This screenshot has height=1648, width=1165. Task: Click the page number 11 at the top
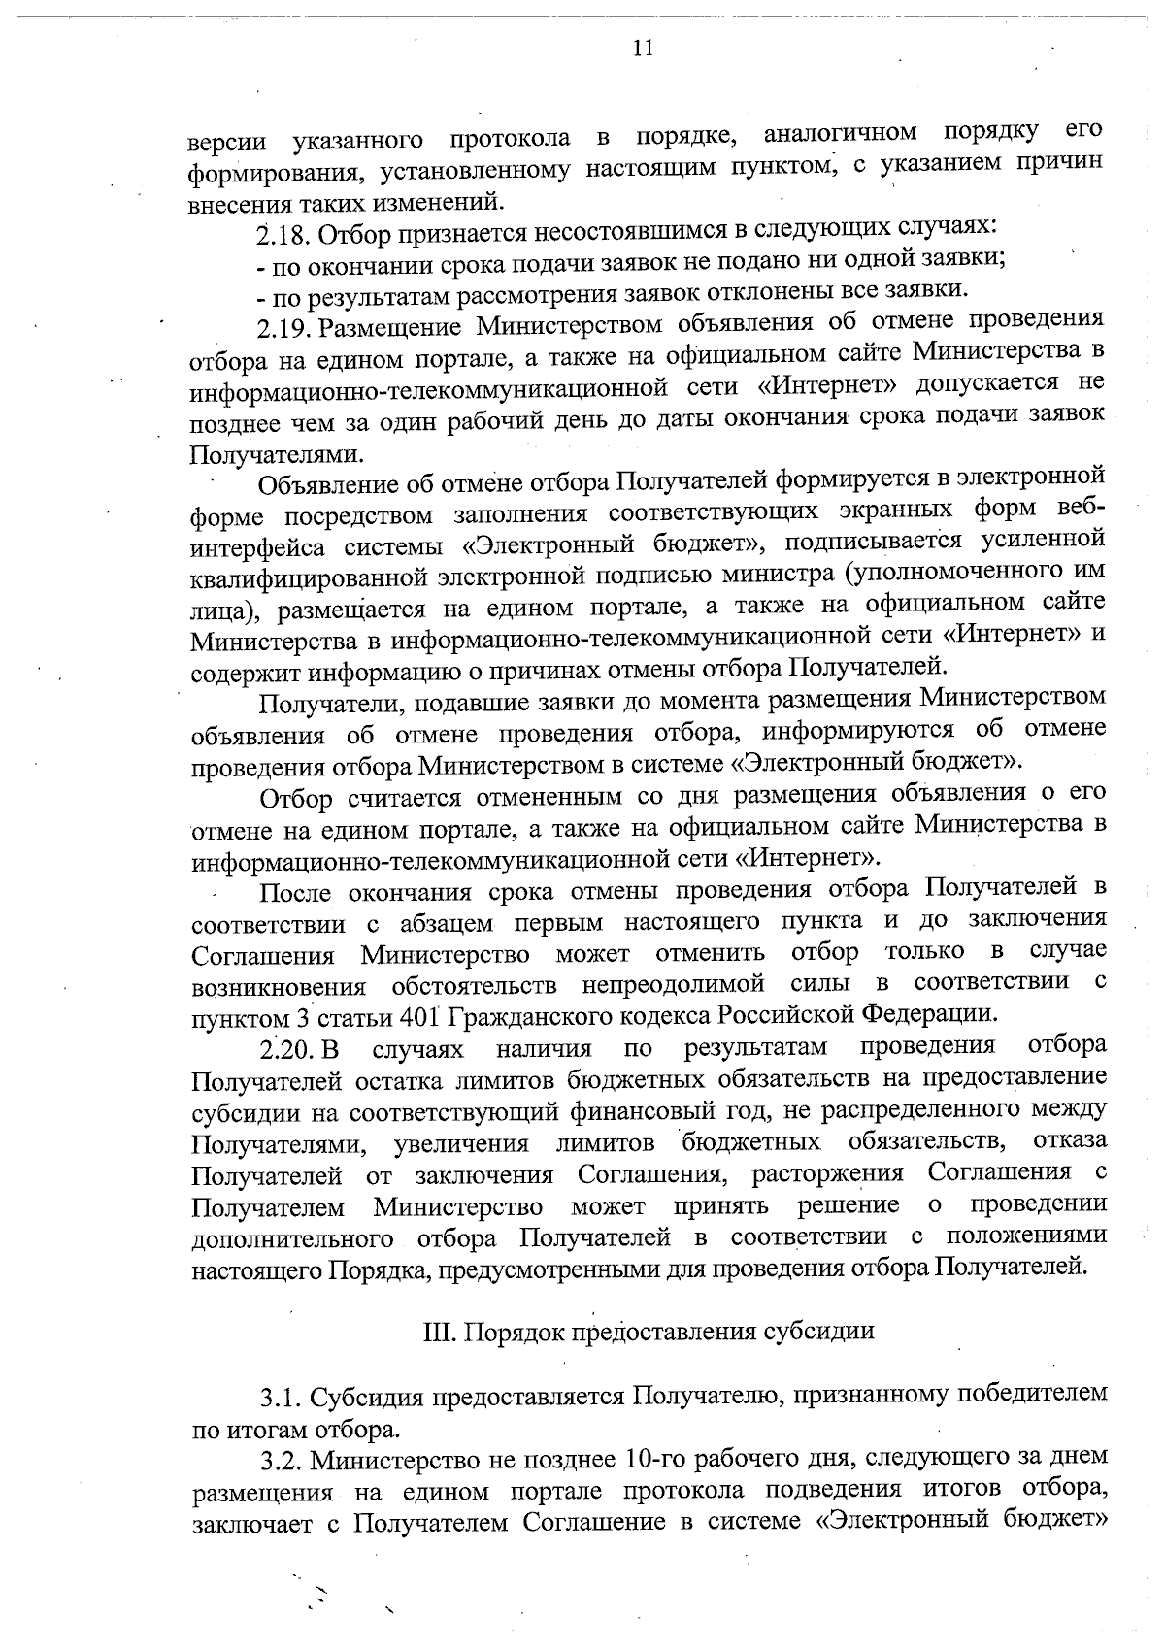[642, 49]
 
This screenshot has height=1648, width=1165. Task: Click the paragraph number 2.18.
[283, 234]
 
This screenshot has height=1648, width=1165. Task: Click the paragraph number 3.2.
[282, 1460]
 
